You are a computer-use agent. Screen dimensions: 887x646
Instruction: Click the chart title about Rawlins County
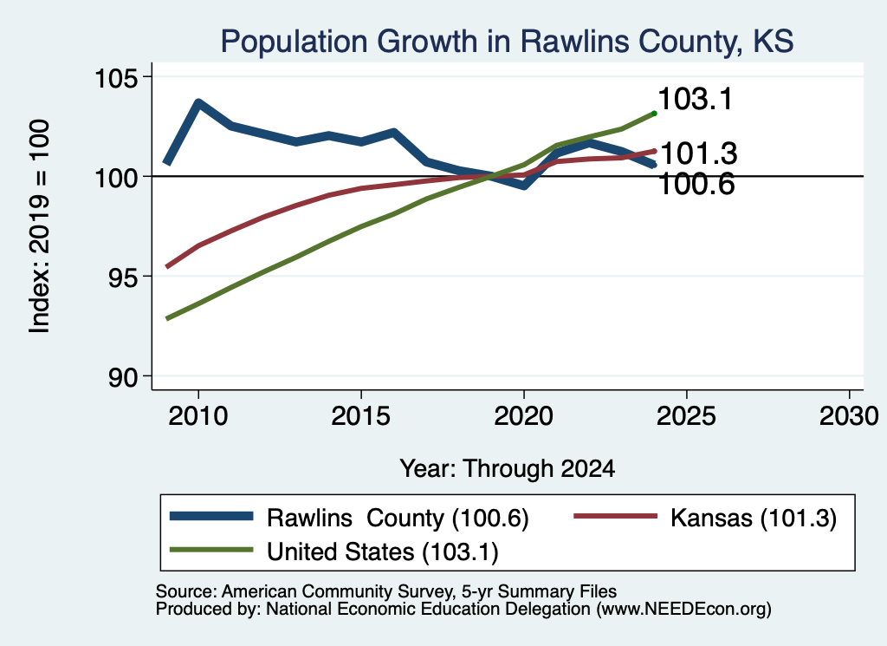pos(507,42)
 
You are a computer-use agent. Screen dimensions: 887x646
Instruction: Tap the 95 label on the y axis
pos(123,277)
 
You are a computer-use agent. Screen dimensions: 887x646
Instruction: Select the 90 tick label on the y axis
pos(123,377)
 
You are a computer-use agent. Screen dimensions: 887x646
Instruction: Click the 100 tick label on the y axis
pos(116,177)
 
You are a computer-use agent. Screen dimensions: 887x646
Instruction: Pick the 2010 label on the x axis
pos(198,416)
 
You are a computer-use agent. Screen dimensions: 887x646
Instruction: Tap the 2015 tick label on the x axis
pos(361,416)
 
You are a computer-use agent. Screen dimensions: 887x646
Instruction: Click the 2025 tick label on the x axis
pos(686,416)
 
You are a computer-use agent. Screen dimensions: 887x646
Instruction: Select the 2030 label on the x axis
pos(849,416)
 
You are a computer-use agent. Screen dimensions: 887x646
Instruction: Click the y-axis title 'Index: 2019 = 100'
pos(39,226)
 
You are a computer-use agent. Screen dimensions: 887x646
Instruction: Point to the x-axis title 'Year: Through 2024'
pos(508,469)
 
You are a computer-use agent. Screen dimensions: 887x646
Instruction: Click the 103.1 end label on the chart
pos(696,99)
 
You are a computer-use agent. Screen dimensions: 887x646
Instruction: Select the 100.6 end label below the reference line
pos(697,184)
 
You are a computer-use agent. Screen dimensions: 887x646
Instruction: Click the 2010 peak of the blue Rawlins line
pos(198,102)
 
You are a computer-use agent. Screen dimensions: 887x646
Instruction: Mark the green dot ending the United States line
pos(655,114)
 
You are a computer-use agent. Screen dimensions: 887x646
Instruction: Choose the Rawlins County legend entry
pos(350,518)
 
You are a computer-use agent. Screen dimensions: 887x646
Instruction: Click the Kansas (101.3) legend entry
pos(705,518)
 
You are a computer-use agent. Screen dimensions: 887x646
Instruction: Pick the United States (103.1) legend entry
pos(334,551)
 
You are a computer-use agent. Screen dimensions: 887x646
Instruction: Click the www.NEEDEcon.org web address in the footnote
pos(683,610)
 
